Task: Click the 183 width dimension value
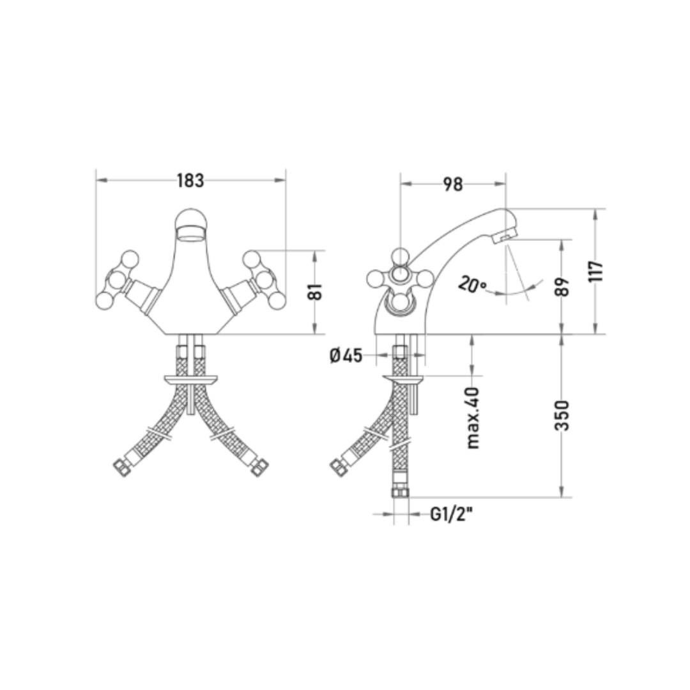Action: tap(190, 180)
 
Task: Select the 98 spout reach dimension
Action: tap(453, 185)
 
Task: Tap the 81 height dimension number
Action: tap(315, 292)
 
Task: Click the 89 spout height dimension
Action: tap(562, 287)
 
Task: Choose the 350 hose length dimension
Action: tap(562, 415)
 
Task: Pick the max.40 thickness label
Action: tap(473, 418)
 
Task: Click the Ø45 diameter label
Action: tap(346, 355)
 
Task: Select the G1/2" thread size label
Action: tap(451, 514)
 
